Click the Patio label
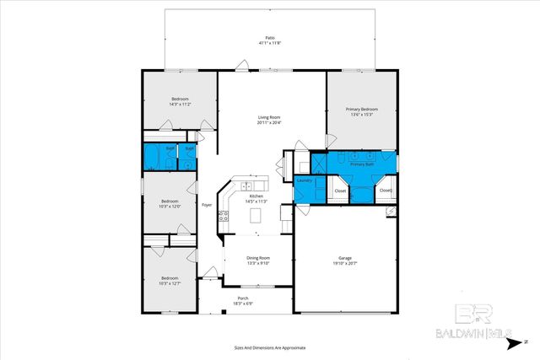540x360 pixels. coord(270,39)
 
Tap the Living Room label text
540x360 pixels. coord(269,117)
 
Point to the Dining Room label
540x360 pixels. coord(258,257)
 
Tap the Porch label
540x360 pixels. coord(242,298)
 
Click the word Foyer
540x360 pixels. coord(206,205)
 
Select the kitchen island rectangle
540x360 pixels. coord(256,218)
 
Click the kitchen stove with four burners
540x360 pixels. coord(224,216)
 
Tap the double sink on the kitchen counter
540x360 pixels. coord(246,185)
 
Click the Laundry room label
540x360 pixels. coord(305,180)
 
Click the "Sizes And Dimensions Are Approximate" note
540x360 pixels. coord(270,347)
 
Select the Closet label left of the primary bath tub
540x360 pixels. coord(340,191)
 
